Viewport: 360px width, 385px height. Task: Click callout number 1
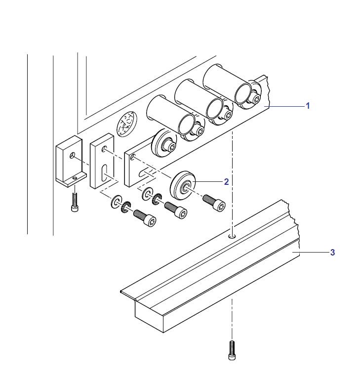tap(308, 106)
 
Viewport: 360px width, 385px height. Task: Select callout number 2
tap(226, 182)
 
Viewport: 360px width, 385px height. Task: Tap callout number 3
tap(332, 252)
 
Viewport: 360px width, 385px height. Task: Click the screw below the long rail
tap(232, 350)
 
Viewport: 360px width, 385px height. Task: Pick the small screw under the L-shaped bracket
tap(75, 202)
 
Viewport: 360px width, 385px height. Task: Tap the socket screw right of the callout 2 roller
tap(214, 202)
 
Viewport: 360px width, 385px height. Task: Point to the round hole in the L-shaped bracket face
tap(72, 155)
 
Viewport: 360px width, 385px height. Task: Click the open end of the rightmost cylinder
tap(243, 93)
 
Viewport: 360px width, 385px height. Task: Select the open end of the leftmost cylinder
tap(186, 124)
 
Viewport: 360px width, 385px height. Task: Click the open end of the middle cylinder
tap(214, 109)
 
